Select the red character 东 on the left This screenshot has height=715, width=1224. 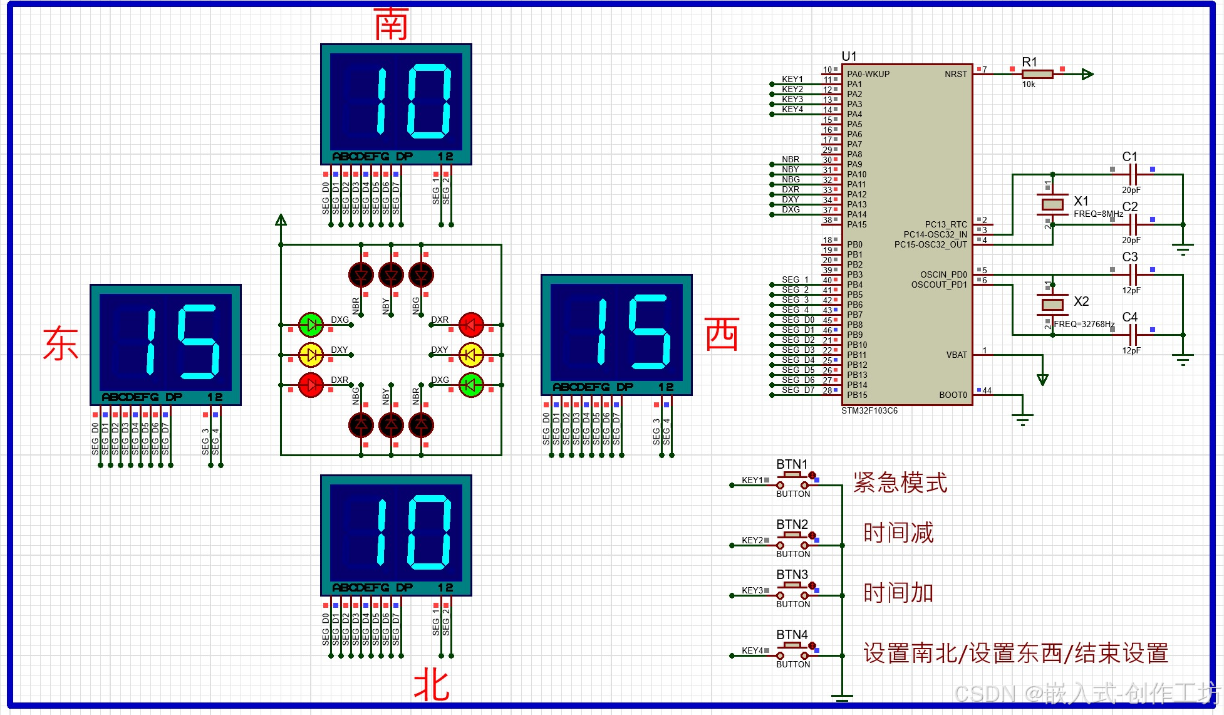[60, 343]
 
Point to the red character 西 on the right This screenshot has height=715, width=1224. [722, 333]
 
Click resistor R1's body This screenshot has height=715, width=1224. [1037, 74]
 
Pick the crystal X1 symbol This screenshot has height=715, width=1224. [1052, 204]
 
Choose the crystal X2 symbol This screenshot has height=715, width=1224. [1052, 305]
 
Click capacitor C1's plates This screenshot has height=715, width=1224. [1133, 174]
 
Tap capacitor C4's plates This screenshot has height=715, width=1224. [1133, 335]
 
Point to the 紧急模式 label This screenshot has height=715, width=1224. [900, 483]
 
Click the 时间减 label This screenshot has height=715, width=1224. [898, 533]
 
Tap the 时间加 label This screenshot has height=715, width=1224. [898, 592]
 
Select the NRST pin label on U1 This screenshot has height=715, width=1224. [956, 74]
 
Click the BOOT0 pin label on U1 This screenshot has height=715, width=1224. [953, 395]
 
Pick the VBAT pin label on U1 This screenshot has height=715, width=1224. [957, 355]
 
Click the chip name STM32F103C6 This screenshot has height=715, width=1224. [869, 411]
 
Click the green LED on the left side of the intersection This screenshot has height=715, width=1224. [311, 325]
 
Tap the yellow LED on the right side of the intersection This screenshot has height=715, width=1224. [471, 355]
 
